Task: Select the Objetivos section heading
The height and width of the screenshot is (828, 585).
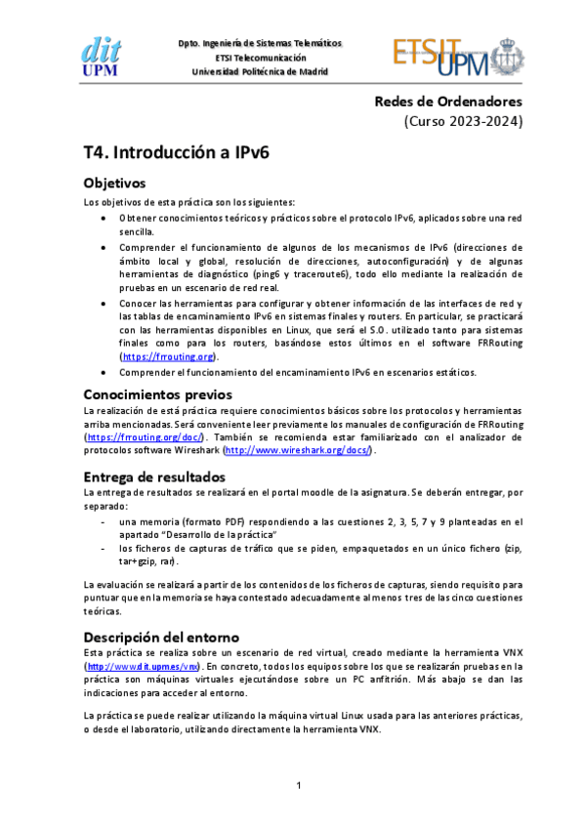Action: (x=114, y=183)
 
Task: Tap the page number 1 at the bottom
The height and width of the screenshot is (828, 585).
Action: (x=299, y=786)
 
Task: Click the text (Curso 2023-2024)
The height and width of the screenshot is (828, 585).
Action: (x=464, y=122)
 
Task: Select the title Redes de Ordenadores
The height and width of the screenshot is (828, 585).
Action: (x=448, y=102)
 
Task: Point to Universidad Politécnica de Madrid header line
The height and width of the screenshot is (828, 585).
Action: (x=260, y=71)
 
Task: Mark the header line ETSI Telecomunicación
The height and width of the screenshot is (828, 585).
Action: (x=260, y=58)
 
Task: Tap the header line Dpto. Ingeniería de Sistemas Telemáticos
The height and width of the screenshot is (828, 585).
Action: (x=260, y=44)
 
